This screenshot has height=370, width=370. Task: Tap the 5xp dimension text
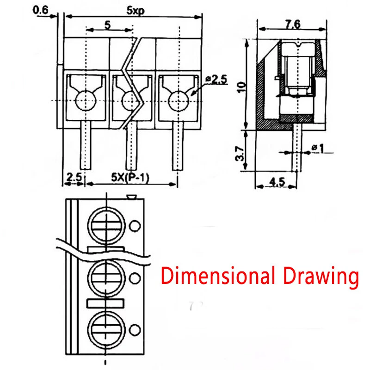pos(134,10)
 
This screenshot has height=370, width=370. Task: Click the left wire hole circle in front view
pos(85,100)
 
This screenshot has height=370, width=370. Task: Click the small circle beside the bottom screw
pos(135,329)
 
